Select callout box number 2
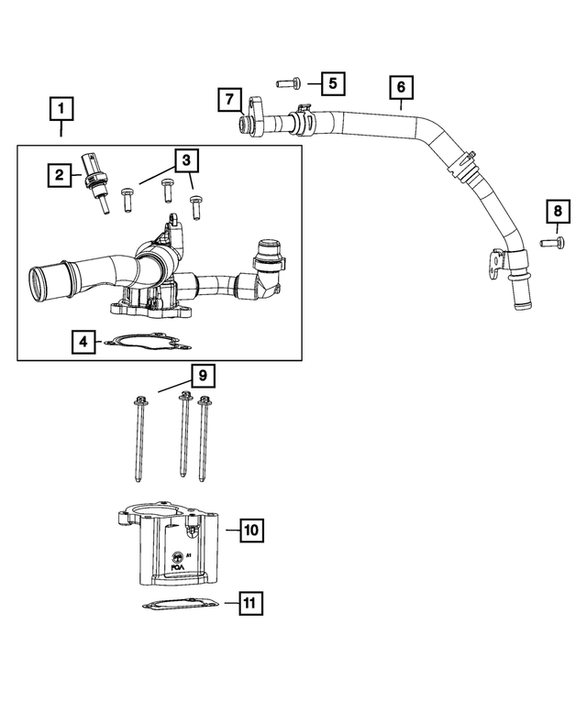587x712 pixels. click(60, 173)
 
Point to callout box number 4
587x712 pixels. click(83, 342)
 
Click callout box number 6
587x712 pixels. click(401, 88)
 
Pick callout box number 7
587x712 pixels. click(229, 99)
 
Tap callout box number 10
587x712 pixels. click(252, 530)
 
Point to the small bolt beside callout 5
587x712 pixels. click(285, 83)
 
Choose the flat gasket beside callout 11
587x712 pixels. click(180, 606)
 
